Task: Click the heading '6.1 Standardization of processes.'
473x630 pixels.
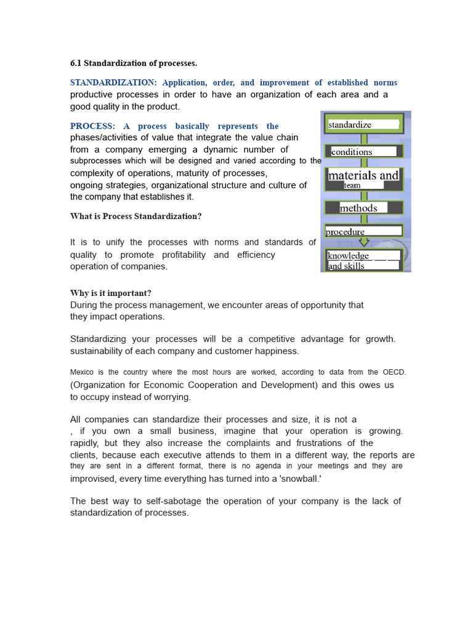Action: point(134,63)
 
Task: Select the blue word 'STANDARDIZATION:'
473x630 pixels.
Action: point(113,82)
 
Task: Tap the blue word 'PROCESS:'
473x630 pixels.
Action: point(92,126)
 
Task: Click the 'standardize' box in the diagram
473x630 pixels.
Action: point(363,124)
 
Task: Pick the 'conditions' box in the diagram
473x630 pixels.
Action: point(363,151)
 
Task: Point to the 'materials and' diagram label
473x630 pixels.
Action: point(363,175)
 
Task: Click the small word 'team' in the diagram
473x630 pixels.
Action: point(352,185)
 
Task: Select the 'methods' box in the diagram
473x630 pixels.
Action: point(363,208)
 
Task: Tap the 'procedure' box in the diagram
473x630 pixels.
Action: point(363,231)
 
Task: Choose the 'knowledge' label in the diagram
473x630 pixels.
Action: point(349,255)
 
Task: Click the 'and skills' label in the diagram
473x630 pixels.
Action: point(346,266)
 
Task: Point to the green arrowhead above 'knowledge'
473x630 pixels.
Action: point(364,242)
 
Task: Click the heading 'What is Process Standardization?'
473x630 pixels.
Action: point(135,216)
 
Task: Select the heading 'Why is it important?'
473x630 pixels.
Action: point(110,293)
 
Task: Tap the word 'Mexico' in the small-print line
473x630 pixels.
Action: point(82,372)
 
